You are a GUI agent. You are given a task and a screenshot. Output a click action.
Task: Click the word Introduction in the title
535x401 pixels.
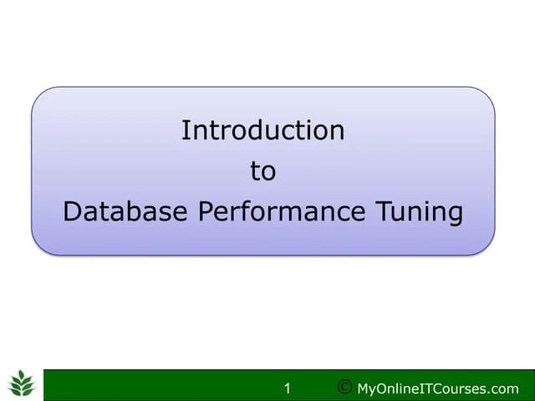tap(262, 130)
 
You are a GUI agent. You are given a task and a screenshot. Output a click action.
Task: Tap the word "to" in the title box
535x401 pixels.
tap(262, 171)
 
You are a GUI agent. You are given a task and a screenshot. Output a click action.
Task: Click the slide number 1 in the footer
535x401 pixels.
tap(288, 388)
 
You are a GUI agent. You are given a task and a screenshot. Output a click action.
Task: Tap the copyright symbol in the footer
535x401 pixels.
tap(344, 387)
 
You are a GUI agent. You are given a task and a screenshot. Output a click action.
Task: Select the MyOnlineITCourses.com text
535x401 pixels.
tap(437, 388)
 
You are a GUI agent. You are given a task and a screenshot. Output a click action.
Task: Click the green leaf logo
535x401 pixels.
tap(22, 383)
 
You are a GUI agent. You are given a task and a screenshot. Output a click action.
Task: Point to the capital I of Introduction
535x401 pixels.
tap(185, 130)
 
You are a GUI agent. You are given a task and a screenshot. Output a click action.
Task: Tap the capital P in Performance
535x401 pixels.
tap(206, 212)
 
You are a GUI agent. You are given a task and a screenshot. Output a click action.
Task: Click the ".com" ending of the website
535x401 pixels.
tap(504, 388)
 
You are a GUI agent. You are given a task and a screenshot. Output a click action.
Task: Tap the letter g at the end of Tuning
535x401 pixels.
tap(454, 216)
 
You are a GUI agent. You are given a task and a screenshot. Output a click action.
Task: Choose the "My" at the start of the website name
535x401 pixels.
tap(366, 389)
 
